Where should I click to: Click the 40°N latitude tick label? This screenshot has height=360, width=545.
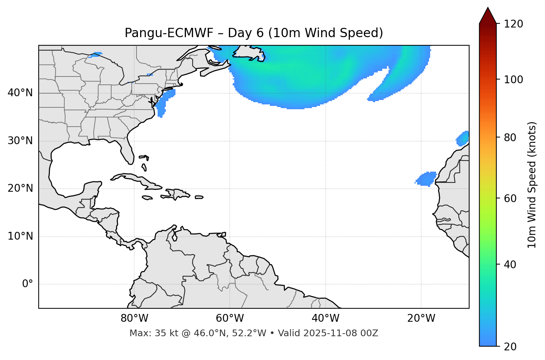point(20,93)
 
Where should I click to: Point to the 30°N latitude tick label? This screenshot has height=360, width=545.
point(20,141)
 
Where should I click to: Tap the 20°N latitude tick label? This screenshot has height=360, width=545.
point(20,188)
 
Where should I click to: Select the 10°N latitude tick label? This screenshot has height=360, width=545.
point(20,236)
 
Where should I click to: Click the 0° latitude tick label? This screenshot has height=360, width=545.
point(28,284)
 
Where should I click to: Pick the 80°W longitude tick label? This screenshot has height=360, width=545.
point(134,318)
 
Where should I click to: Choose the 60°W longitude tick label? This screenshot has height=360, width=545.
point(230,318)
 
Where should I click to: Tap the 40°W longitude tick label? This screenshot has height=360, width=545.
point(325,318)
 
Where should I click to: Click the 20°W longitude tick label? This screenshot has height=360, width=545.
point(421,318)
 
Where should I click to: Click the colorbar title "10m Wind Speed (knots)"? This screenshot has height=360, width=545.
point(532,185)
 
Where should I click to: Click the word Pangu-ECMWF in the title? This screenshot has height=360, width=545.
point(169,33)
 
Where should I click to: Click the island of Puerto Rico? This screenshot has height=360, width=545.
point(199,197)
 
